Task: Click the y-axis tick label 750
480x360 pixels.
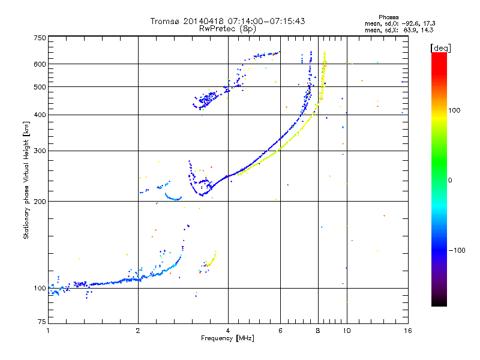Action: click(x=39, y=37)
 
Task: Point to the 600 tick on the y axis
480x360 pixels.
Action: click(x=39, y=64)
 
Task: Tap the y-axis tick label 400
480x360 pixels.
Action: click(x=39, y=115)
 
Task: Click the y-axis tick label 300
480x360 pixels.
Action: click(x=39, y=151)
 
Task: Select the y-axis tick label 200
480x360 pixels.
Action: click(x=39, y=201)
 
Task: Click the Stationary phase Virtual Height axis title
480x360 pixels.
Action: click(x=26, y=180)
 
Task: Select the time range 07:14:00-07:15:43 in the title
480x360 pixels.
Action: click(x=263, y=21)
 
